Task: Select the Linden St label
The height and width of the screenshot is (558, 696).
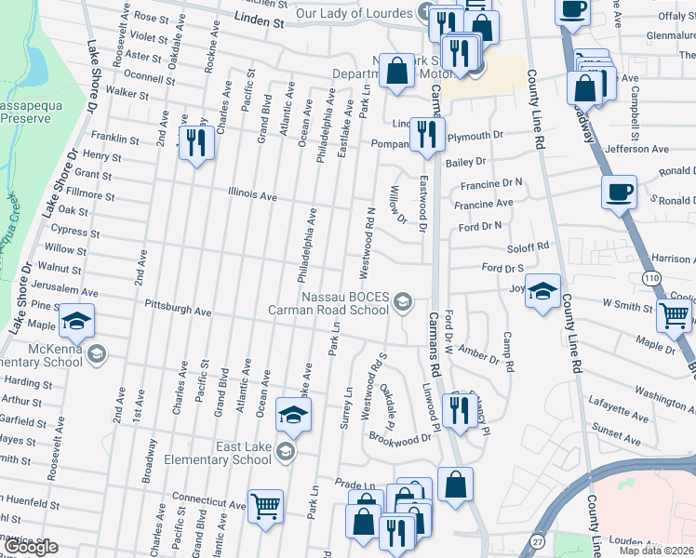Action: (259, 19)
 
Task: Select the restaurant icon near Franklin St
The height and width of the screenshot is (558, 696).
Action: (195, 142)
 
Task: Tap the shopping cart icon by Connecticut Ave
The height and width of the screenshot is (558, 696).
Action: (266, 506)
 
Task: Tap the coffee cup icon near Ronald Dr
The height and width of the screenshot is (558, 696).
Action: (619, 193)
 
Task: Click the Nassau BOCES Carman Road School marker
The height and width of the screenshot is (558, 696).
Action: (403, 299)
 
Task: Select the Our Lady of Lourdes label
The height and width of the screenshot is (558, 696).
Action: (354, 14)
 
